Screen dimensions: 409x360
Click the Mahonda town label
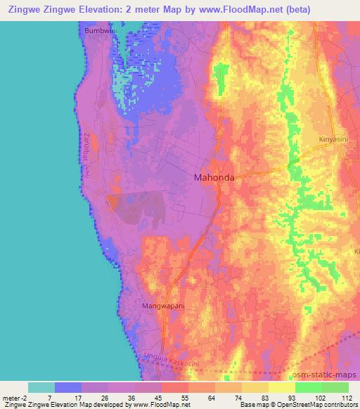pos(214,178)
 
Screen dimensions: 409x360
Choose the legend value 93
pos(293,398)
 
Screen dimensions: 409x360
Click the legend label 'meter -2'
pos(15,398)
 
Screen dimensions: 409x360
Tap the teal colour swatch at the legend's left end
pos(41,387)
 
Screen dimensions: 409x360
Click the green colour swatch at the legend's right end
pos(335,387)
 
